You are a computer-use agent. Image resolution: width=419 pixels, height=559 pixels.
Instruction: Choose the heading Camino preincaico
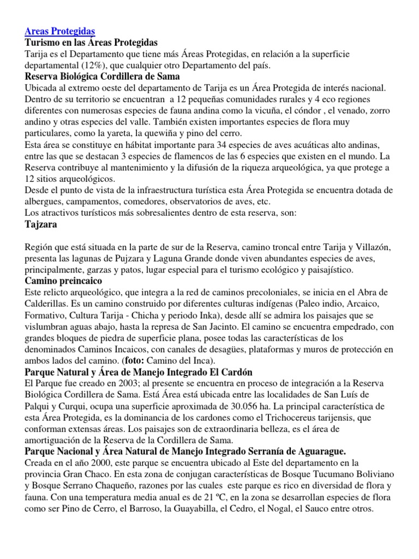tap(64, 281)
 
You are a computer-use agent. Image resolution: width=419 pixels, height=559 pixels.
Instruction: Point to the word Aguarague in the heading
tap(313, 452)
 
